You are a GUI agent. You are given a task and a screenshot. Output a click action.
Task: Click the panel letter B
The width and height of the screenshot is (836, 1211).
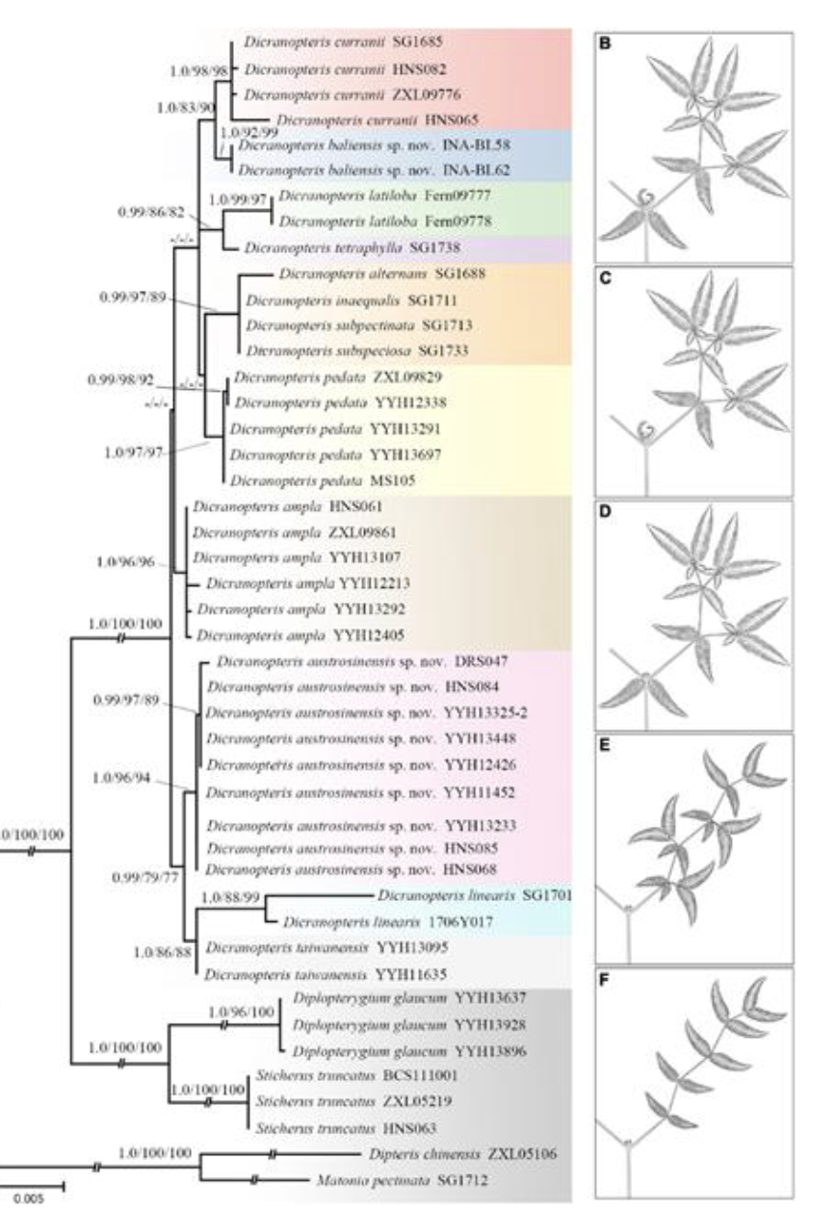(x=606, y=41)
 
